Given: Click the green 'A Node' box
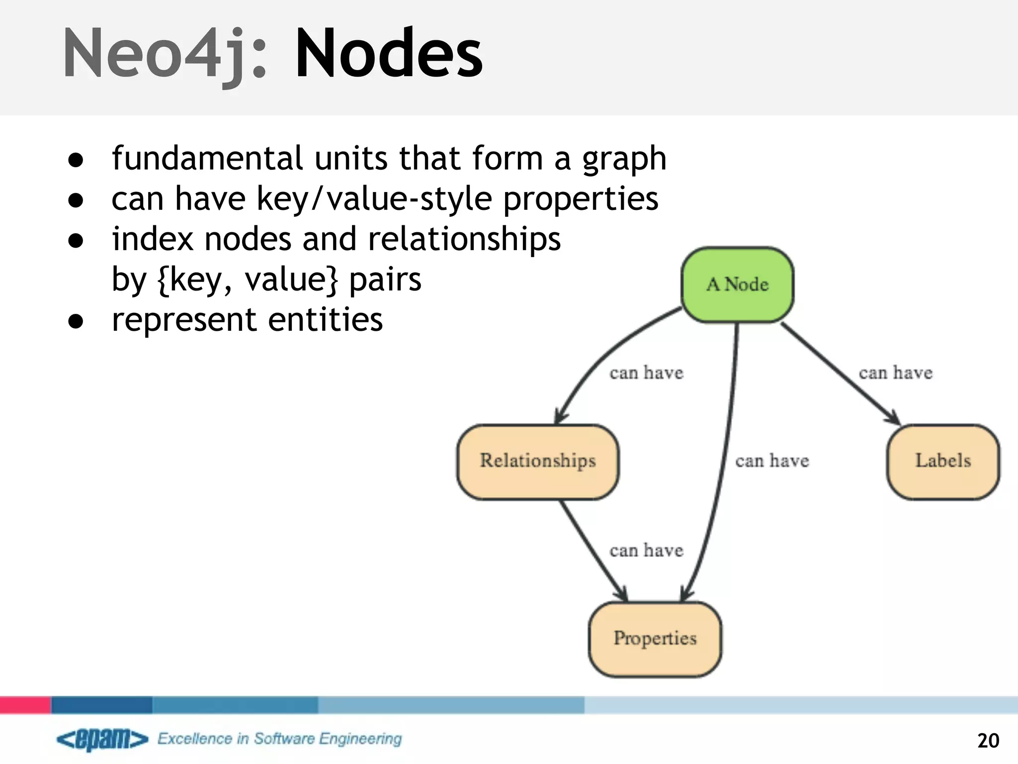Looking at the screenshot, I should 737,285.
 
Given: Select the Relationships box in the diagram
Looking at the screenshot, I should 537,462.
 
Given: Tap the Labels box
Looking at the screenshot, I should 943,462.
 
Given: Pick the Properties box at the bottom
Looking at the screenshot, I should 655,639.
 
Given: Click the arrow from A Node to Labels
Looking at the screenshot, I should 840,373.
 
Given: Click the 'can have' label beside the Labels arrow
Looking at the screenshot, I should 895,373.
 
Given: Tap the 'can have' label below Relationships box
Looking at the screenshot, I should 646,551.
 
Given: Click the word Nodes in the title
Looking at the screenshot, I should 389,54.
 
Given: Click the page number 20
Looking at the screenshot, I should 988,741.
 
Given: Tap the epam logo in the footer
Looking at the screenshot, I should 102,739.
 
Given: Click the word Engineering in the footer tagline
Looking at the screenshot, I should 360,739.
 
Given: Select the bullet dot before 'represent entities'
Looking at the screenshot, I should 76,321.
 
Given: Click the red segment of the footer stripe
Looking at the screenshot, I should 25,705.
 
